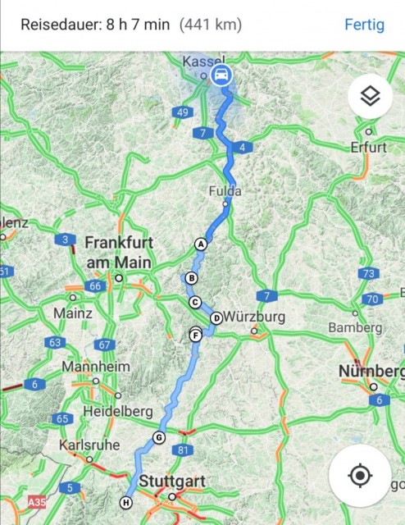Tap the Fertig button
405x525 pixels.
pos(364,24)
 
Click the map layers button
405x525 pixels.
pos(370,96)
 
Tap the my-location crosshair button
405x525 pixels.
pos(360,475)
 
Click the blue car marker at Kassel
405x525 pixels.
pos(221,76)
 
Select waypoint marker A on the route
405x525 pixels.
pos(200,244)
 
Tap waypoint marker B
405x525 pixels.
pos(191,278)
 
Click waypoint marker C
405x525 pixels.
pos(195,302)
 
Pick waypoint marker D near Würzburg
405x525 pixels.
pos(216,318)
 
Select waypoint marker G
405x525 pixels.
pos(158,437)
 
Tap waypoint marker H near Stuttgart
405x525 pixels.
pos(125,503)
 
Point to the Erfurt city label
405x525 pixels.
pos(367,148)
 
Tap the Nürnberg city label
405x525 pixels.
pos(371,372)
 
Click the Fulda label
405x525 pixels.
pos(225,191)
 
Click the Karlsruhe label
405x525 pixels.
pos(84,446)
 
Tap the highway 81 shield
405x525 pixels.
pos(182,450)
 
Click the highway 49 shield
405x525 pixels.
pos(182,112)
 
